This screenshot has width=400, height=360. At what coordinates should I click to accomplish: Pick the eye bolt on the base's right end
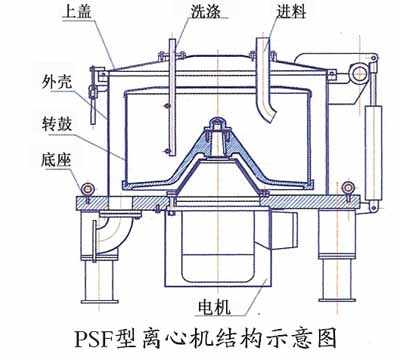coord(348,187)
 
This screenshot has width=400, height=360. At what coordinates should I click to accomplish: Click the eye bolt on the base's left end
coord(86,187)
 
